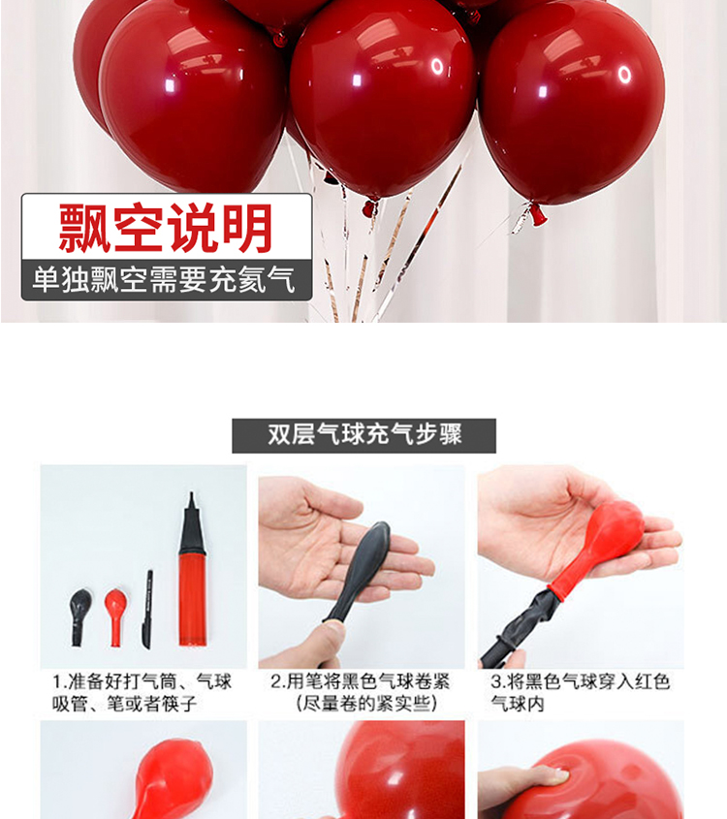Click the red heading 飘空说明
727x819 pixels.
166,228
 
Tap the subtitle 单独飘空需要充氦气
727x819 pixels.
164,279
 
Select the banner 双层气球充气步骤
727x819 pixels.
364,435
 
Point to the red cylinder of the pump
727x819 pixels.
193,600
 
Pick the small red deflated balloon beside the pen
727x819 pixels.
115,617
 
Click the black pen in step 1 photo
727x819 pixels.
147,609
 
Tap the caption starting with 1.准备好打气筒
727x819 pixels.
141,693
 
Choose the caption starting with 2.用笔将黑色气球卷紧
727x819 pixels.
362,693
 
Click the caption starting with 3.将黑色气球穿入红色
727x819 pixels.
580,693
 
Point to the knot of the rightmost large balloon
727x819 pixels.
536,213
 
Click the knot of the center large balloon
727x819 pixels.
370,207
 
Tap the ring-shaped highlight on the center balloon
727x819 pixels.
437,66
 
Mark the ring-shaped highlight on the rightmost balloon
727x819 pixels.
624,75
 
